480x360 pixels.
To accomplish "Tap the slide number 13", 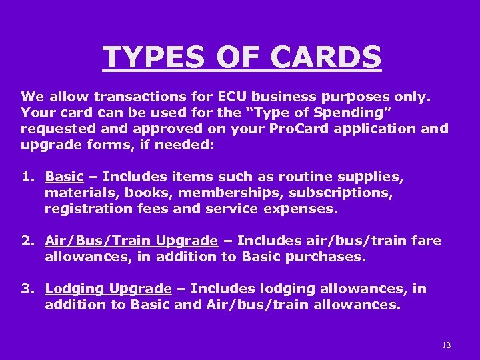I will (446, 345).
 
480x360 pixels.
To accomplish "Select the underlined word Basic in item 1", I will (64, 177).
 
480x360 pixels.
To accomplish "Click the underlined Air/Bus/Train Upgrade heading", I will (131, 240).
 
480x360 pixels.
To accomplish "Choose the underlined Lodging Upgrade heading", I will (108, 289).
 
